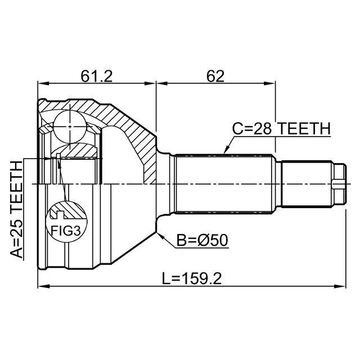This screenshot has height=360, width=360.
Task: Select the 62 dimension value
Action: click(x=215, y=75)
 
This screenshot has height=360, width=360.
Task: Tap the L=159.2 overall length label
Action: click(x=193, y=278)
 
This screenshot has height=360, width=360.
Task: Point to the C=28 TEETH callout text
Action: click(x=281, y=129)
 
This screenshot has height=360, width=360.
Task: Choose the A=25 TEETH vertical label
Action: click(x=17, y=208)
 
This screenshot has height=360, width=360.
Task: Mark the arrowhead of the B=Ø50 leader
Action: click(x=160, y=234)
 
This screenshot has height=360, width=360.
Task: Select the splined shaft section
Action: click(x=225, y=184)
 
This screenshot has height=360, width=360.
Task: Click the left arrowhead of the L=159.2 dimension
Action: click(x=41, y=286)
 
